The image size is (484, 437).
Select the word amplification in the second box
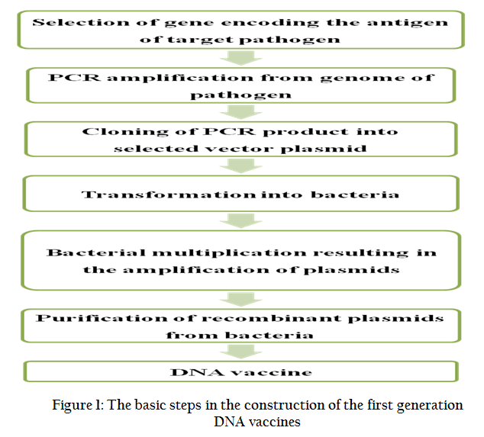(180, 78)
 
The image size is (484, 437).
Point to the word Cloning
(125, 132)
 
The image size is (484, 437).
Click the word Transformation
(169, 194)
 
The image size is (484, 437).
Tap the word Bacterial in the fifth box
(96, 252)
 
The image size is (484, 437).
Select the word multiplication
(229, 253)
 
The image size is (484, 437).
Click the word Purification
(102, 318)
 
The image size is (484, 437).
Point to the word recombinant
(273, 318)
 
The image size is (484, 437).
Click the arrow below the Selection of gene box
(240, 58)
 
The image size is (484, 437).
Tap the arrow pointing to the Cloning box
(240, 112)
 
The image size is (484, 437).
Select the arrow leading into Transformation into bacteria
(240, 166)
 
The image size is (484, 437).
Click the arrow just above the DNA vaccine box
(240, 352)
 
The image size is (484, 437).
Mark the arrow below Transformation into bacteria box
(240, 221)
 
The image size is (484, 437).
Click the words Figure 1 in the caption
(78, 405)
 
